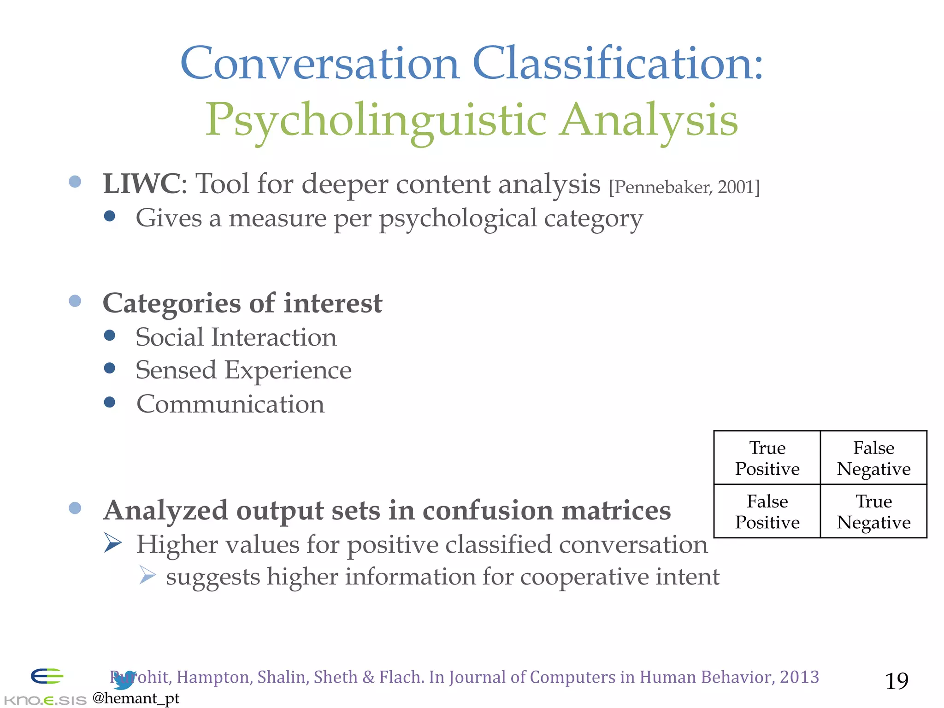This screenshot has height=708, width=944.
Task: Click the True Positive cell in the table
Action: click(x=767, y=458)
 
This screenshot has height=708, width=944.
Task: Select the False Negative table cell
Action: click(x=873, y=458)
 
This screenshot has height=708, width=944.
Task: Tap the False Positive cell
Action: click(x=767, y=512)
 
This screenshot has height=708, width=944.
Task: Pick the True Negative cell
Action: click(x=873, y=512)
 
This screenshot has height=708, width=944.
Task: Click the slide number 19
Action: click(x=897, y=681)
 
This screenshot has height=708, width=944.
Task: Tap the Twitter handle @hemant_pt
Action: click(x=136, y=698)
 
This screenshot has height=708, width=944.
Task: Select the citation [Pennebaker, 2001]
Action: click(x=684, y=187)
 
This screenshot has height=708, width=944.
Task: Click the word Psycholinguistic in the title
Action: click(x=376, y=120)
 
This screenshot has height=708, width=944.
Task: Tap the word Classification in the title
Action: click(x=618, y=63)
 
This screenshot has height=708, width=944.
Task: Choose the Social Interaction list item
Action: click(x=236, y=337)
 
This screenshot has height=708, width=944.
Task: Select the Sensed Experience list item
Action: click(x=243, y=370)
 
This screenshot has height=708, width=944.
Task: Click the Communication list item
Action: click(x=230, y=404)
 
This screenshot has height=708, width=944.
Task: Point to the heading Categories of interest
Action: click(x=242, y=303)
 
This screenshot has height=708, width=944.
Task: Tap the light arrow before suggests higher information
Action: click(x=147, y=575)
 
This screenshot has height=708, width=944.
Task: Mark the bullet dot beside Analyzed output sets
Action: click(x=75, y=508)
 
